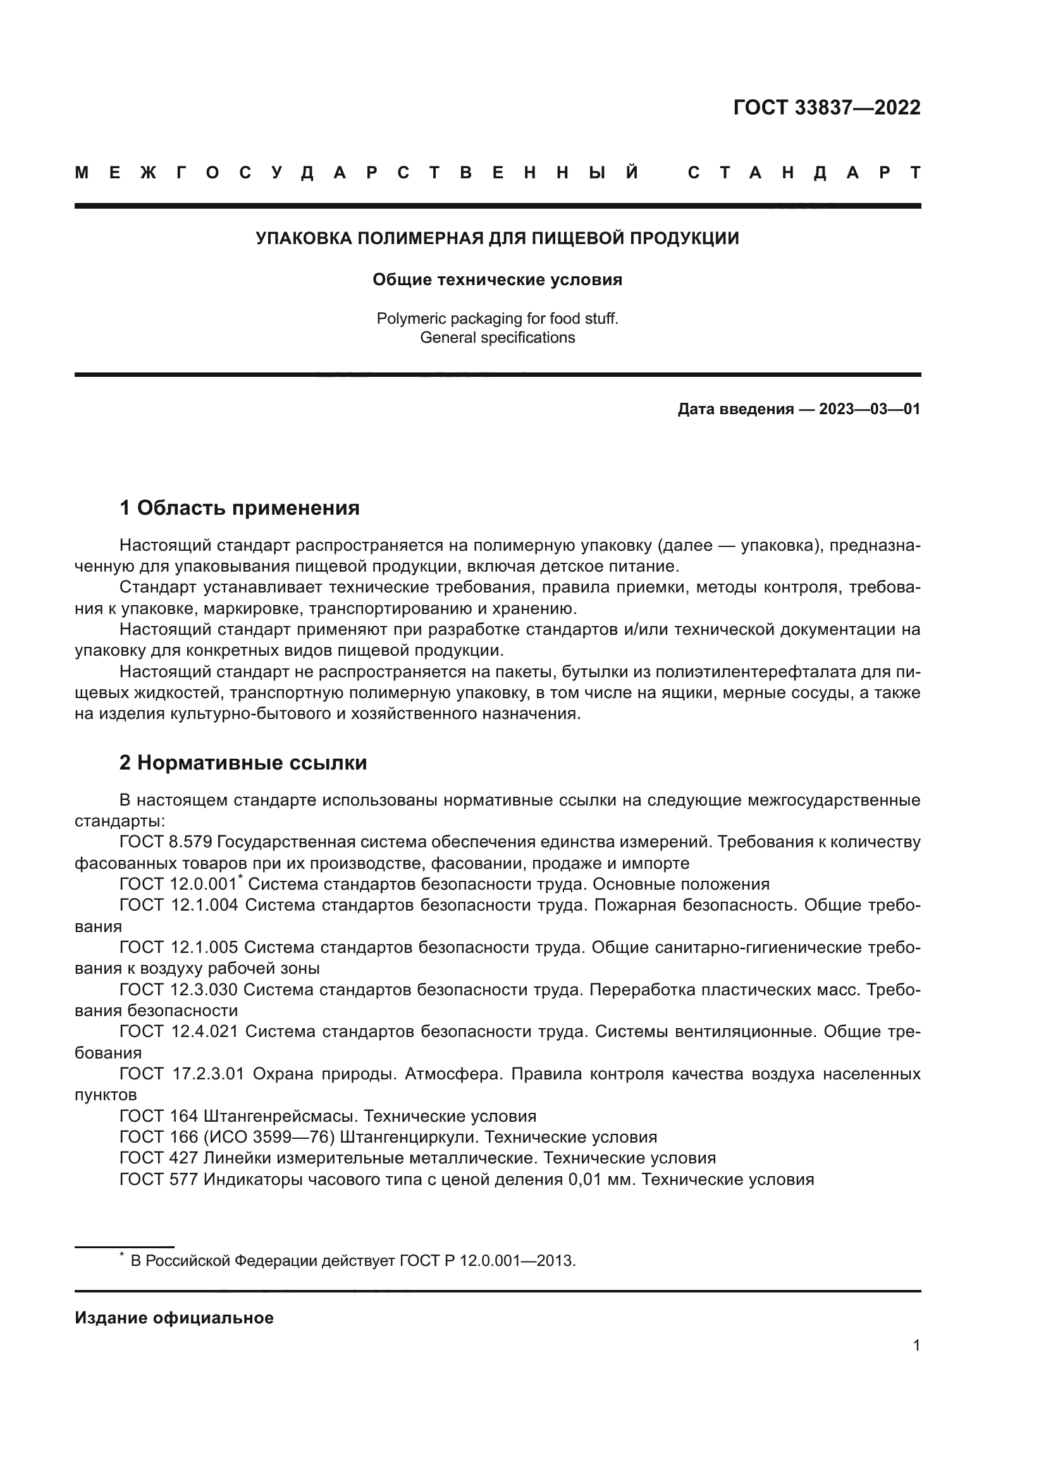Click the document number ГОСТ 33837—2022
pyautogui.click(x=827, y=107)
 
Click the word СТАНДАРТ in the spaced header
pyautogui.click(x=804, y=173)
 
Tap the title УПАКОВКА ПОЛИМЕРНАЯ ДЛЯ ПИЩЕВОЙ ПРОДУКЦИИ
pyautogui.click(x=497, y=238)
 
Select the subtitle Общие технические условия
pyautogui.click(x=497, y=279)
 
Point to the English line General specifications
pyautogui.click(x=497, y=338)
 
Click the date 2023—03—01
pyautogui.click(x=869, y=409)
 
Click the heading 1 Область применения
pyautogui.click(x=239, y=508)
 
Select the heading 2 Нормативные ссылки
pyautogui.click(x=243, y=763)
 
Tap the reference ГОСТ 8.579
pyautogui.click(x=166, y=842)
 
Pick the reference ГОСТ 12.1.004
pyautogui.click(x=178, y=905)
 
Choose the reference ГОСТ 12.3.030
pyautogui.click(x=178, y=990)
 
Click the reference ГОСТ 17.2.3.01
pyautogui.click(x=182, y=1074)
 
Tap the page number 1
pyautogui.click(x=916, y=1345)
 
